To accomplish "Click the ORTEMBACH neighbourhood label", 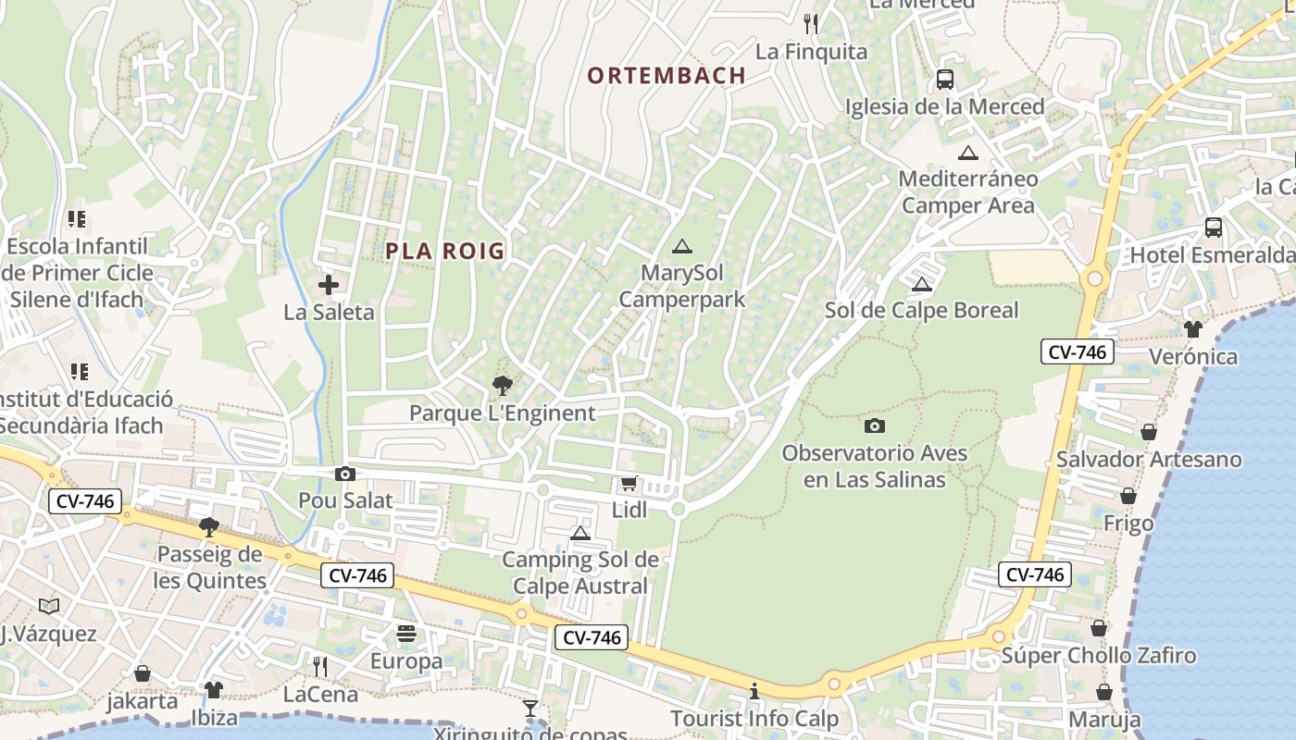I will [x=667, y=76].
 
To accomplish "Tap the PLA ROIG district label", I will [x=445, y=251].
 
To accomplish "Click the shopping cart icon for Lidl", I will [x=629, y=483].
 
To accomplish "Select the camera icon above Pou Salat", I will [x=345, y=474].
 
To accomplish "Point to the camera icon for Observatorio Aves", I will [x=874, y=425].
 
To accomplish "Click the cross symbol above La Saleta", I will [x=329, y=285].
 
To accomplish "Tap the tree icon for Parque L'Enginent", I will [x=502, y=385].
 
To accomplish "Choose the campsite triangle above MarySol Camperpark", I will [x=682, y=246].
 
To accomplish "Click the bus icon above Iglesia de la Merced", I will [x=944, y=80].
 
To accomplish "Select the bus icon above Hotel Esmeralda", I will [x=1213, y=228].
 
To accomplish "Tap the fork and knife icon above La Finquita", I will [x=811, y=23].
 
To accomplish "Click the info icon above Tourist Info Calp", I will [x=754, y=691].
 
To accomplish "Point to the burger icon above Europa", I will [x=406, y=634].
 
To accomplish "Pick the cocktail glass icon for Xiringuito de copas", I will [x=530, y=709].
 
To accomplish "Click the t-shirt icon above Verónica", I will [x=1192, y=328].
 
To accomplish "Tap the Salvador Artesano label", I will [x=1148, y=459].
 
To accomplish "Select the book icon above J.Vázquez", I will [x=49, y=606].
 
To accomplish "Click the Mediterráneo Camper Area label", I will [x=968, y=191].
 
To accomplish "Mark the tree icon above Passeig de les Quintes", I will [x=209, y=527].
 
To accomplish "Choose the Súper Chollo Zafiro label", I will [x=1099, y=656].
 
